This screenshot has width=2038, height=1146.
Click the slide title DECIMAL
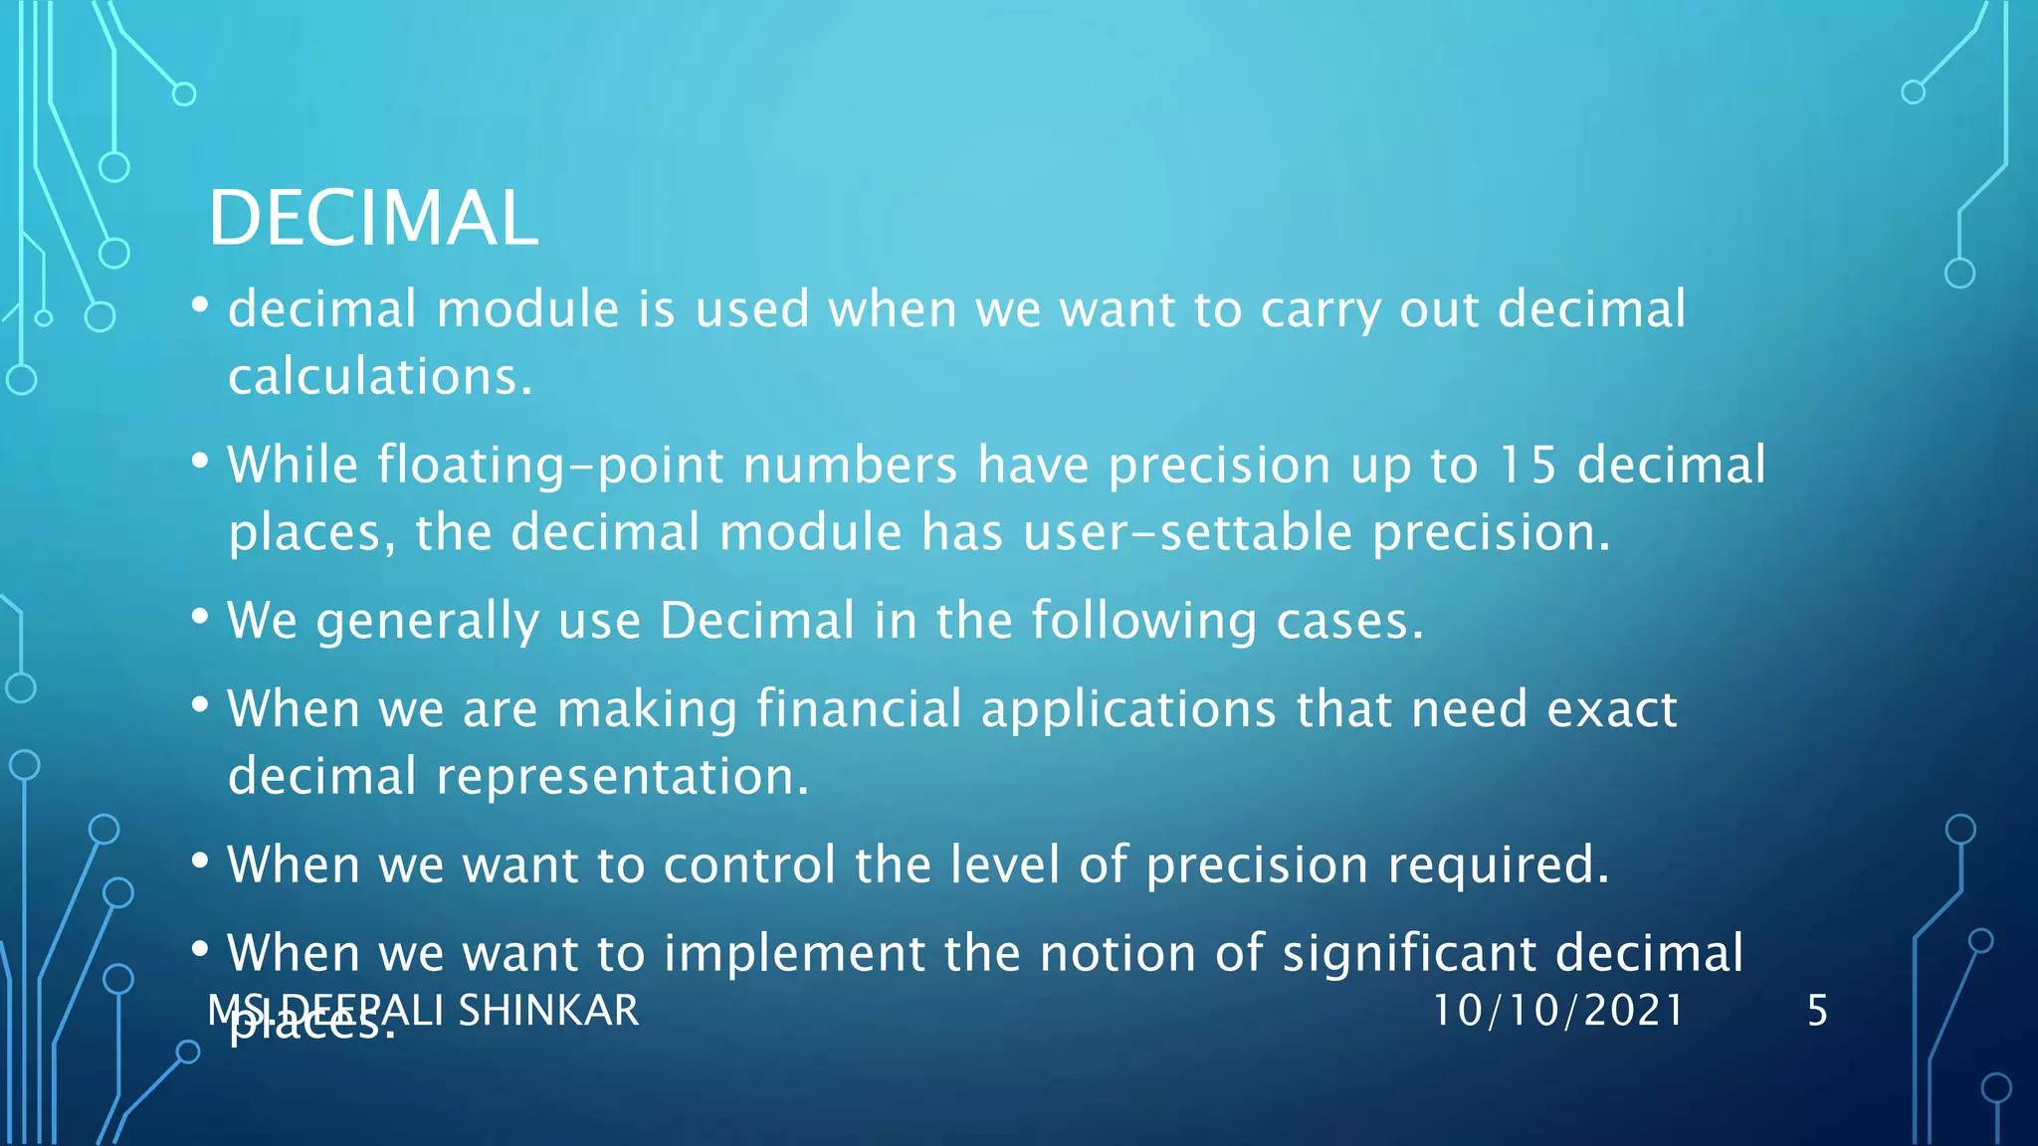tap(373, 219)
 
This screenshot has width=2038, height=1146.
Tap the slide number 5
tap(1817, 1011)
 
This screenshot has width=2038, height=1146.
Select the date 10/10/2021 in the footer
tap(1557, 1011)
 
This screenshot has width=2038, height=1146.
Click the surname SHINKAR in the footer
tap(548, 1011)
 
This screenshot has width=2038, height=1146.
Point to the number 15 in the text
tap(1528, 465)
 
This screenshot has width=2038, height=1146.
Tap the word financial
tap(859, 709)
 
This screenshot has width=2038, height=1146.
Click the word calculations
tap(380, 377)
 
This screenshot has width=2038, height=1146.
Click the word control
tap(749, 864)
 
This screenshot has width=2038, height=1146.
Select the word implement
tap(794, 954)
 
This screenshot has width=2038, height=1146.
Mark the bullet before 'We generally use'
tap(200, 618)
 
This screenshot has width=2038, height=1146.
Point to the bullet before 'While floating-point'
tap(200, 462)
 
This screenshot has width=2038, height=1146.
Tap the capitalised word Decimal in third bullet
tap(756, 621)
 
